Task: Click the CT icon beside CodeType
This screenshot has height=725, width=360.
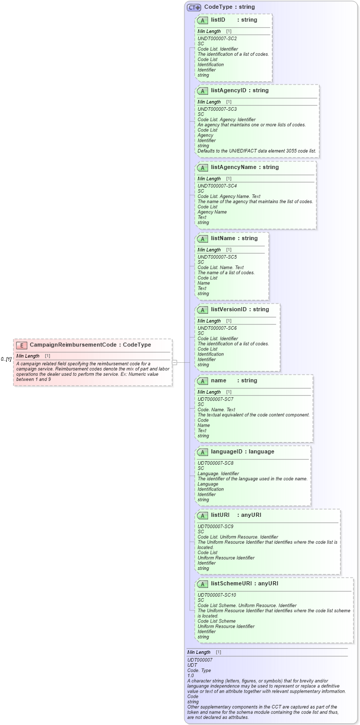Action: [x=194, y=7]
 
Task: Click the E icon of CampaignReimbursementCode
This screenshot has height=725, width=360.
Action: [x=22, y=345]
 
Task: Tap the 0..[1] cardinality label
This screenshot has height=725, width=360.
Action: [x=6, y=359]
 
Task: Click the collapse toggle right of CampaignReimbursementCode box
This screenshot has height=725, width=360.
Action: [x=175, y=362]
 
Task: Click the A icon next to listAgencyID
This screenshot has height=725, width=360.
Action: [x=203, y=91]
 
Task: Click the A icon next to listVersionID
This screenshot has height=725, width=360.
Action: [x=203, y=310]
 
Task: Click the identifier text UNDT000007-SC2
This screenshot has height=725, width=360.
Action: [x=217, y=39]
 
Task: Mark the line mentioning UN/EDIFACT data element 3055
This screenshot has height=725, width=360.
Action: [x=257, y=151]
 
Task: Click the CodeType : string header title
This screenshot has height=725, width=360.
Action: [x=229, y=7]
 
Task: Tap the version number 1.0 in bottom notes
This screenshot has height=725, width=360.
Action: [x=191, y=676]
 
